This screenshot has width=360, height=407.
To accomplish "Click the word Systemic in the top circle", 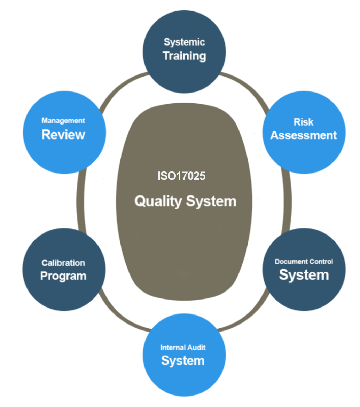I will (x=184, y=42).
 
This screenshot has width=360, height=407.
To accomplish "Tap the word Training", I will (x=185, y=56).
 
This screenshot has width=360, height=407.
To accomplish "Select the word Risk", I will (x=303, y=122).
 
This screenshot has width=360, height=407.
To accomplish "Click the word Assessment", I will (x=304, y=135).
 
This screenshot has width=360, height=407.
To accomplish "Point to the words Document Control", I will (x=304, y=262).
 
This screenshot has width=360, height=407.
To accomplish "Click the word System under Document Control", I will (x=304, y=275).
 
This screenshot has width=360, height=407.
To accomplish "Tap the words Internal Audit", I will (x=183, y=347).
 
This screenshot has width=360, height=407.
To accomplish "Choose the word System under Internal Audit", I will (x=183, y=360).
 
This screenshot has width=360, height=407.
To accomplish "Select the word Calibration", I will (x=63, y=263).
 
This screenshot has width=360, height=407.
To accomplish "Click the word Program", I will (x=63, y=276).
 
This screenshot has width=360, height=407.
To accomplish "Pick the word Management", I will (x=63, y=121).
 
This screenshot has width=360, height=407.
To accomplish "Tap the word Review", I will (x=63, y=135).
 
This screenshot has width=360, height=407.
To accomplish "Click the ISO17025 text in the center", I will (x=182, y=176).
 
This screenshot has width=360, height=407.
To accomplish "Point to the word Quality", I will (x=158, y=201).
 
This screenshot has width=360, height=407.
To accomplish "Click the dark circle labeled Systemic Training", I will (x=184, y=75).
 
